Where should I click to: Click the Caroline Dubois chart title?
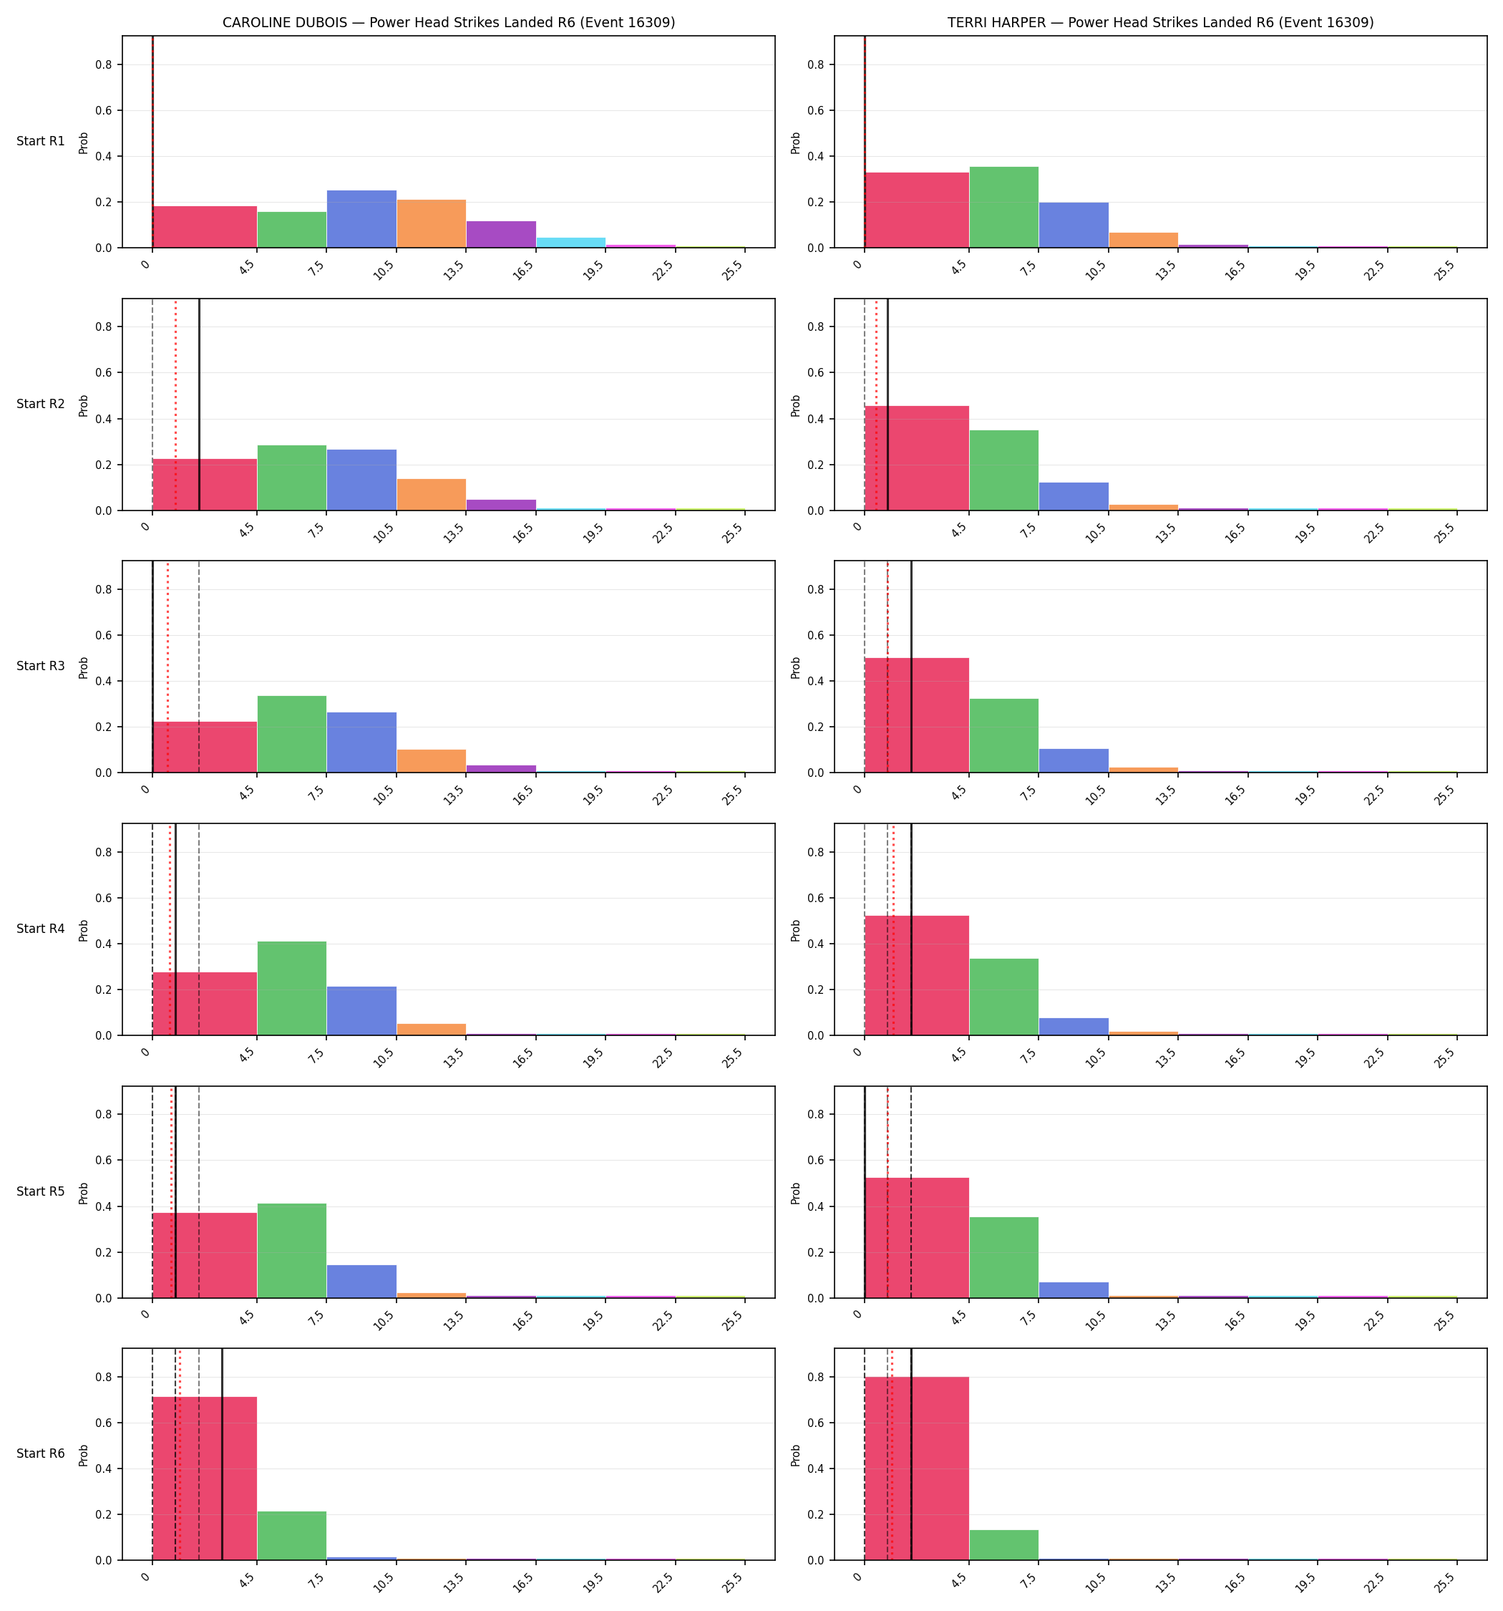(x=449, y=23)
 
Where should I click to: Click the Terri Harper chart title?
(x=1160, y=23)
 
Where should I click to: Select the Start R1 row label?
(x=41, y=141)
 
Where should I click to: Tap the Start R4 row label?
(x=41, y=929)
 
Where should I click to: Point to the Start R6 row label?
(x=41, y=1453)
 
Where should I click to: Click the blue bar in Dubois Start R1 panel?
(x=361, y=219)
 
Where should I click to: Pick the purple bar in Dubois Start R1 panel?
(x=501, y=234)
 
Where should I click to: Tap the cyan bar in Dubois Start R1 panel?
(x=570, y=242)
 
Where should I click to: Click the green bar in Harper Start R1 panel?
(x=1004, y=208)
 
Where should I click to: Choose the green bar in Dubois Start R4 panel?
(x=292, y=988)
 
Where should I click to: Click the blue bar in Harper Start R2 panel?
(x=1074, y=496)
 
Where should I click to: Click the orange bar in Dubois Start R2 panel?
(x=431, y=494)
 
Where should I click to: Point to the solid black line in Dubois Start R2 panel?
(x=199, y=405)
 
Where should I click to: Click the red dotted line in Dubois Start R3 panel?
(x=167, y=666)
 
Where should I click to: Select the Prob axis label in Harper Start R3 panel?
(x=796, y=667)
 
